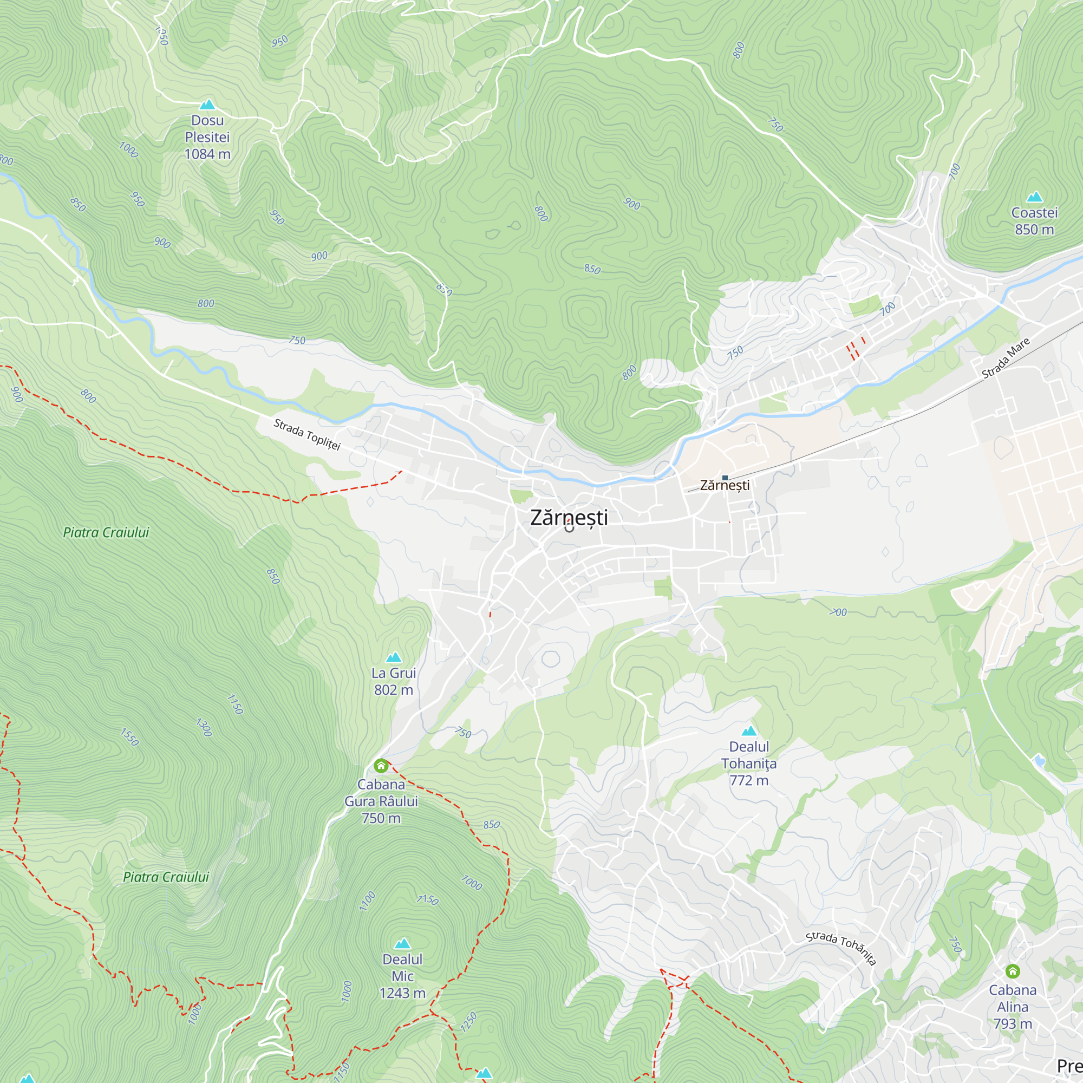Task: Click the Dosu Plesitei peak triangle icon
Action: (x=207, y=105)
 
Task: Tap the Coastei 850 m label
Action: (x=1034, y=221)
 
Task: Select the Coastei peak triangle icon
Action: (x=1034, y=197)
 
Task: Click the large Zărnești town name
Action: (x=569, y=517)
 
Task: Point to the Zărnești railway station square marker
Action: (x=725, y=478)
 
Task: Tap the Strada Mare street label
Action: (x=1006, y=358)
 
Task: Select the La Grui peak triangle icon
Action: (x=394, y=657)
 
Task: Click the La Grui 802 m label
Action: (x=394, y=681)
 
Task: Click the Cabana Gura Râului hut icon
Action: (x=381, y=765)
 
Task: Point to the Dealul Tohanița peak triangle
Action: (x=749, y=731)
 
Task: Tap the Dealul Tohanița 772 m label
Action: (x=749, y=764)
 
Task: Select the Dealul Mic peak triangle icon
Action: (x=402, y=943)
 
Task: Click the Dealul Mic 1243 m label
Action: (x=402, y=976)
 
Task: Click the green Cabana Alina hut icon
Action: (x=1013, y=971)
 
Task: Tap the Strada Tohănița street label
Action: (x=840, y=947)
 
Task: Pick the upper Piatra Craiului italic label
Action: (x=106, y=532)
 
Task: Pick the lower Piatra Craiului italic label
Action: (x=166, y=877)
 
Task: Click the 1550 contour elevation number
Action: (x=129, y=737)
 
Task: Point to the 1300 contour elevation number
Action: (x=204, y=727)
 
